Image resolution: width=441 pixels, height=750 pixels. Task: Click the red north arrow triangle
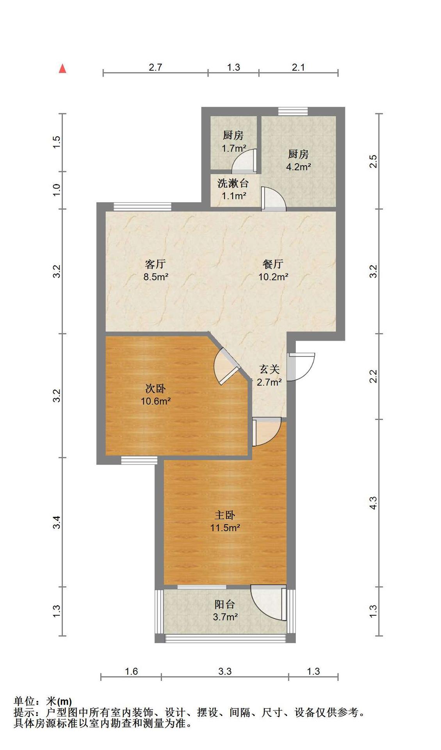[x=62, y=69]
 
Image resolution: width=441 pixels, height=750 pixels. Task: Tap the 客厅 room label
[x=155, y=270]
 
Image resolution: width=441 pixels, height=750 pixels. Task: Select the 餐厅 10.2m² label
[x=273, y=270]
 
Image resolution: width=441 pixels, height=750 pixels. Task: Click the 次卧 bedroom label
[x=155, y=395]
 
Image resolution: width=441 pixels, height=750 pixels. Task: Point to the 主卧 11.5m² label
[x=225, y=521]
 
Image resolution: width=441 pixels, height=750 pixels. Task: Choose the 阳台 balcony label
[x=225, y=611]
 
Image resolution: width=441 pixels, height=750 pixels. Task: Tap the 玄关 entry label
[x=269, y=375]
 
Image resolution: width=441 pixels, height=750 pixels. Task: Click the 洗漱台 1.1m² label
[x=233, y=189]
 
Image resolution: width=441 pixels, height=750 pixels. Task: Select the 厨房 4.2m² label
[x=298, y=160]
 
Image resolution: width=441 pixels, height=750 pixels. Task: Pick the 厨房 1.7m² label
[x=233, y=141]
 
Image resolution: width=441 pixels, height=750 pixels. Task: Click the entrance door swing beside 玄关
[x=301, y=367]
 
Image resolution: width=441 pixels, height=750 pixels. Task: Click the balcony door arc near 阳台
[x=269, y=602]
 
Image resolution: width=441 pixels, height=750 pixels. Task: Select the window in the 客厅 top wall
[x=142, y=207]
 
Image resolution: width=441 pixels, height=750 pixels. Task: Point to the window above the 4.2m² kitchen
[x=293, y=111]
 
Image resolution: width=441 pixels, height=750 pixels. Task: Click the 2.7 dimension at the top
[x=155, y=67]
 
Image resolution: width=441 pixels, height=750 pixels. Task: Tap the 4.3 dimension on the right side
[x=373, y=503]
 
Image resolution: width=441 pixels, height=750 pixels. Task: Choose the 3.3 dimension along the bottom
[x=225, y=671]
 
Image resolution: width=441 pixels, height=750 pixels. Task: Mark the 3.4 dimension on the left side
[x=57, y=522]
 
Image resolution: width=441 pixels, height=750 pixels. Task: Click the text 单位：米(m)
[x=43, y=701]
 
